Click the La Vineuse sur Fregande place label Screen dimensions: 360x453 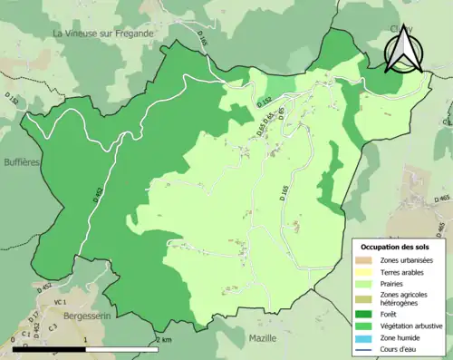(103, 34)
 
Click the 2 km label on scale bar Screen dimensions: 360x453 (163, 339)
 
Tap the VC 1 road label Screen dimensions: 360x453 (60, 302)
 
